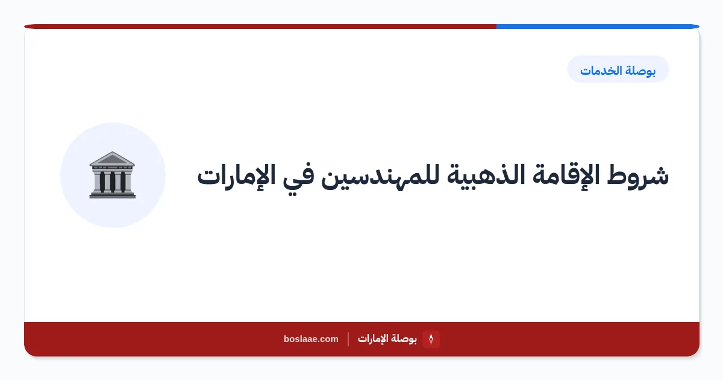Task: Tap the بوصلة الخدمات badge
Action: (x=618, y=69)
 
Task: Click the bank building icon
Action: (x=112, y=175)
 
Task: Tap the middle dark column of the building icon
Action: (x=113, y=182)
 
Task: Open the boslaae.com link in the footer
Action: (x=311, y=339)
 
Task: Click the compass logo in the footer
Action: (x=431, y=339)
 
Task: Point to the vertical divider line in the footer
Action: (x=348, y=339)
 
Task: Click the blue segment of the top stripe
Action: (x=598, y=27)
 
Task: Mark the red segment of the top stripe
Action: (x=260, y=27)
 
